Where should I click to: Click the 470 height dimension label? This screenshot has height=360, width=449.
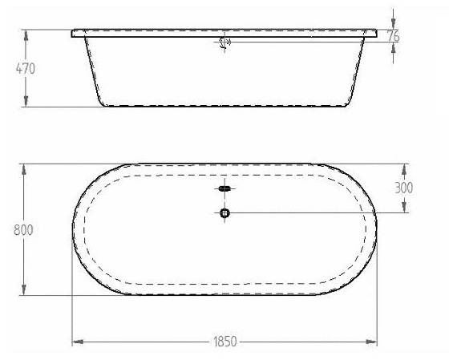coord(26,69)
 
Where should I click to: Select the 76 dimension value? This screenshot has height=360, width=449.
coord(393,36)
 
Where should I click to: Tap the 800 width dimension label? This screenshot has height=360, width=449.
coord(23,229)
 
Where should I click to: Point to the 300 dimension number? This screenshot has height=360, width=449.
coord(404,188)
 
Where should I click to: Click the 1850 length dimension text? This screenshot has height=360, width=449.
coord(225,342)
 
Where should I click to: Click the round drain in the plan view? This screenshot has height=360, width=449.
coord(224,212)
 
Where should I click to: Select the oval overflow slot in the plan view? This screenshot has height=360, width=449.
coord(224,188)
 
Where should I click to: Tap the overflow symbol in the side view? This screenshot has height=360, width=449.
coord(224,42)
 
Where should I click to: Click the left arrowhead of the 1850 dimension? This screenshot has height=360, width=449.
coord(78,342)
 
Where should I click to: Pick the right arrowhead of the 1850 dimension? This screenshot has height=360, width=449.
coord(371,342)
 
